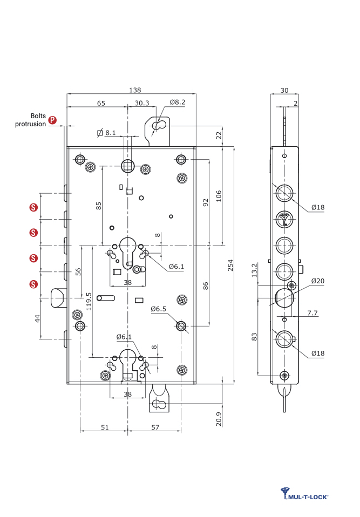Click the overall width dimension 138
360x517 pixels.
[131, 90]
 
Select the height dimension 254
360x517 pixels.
[230, 265]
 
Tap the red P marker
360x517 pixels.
[53, 120]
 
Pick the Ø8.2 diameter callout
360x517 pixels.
[178, 102]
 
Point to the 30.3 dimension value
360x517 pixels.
[142, 103]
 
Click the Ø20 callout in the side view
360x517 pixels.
[318, 281]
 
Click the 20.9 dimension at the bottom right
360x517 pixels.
[218, 419]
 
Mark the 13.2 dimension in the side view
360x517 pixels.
[254, 270]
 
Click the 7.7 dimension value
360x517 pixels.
[312, 312]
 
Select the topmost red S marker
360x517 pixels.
[33, 207]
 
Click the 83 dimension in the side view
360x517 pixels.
[254, 336]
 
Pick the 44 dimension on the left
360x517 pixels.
[37, 318]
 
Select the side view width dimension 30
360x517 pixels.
[284, 90]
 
